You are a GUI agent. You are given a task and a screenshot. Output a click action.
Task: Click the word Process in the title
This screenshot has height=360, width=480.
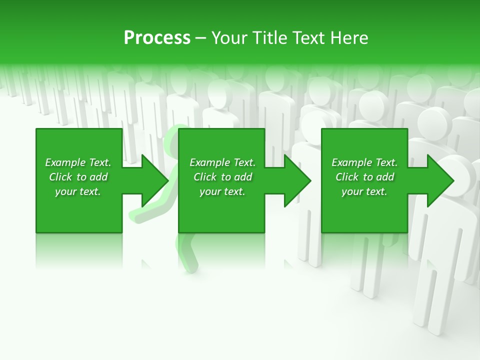tap(157, 37)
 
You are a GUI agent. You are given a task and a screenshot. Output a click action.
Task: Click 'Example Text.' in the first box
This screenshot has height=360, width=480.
tap(78, 162)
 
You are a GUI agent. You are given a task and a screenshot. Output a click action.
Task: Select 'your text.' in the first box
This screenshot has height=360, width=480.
tap(78, 191)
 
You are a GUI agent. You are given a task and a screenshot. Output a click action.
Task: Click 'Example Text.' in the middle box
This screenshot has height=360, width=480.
tap(222, 162)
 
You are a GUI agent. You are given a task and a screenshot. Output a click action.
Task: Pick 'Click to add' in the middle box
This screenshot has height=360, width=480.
tap(222, 177)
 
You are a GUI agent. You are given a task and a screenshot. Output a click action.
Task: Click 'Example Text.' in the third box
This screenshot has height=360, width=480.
tap(364, 162)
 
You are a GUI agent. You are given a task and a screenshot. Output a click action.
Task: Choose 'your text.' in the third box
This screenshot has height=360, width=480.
tap(364, 191)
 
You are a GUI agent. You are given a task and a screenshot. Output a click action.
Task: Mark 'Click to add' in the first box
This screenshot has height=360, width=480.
tap(78, 177)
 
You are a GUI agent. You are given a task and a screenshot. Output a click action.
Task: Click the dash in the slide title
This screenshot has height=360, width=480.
tap(201, 38)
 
